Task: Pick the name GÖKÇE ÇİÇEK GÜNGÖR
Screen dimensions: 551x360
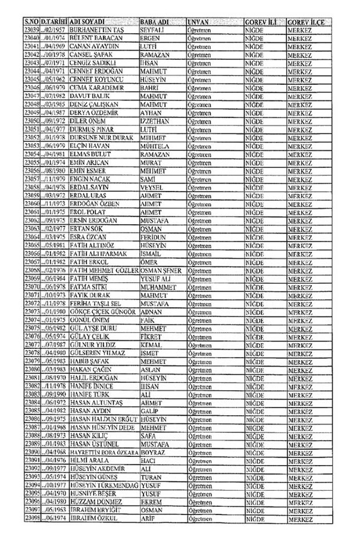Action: (x=103, y=312)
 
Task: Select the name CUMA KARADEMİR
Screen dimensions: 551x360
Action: (x=97, y=87)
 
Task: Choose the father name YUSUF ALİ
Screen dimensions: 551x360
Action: (x=157, y=279)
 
